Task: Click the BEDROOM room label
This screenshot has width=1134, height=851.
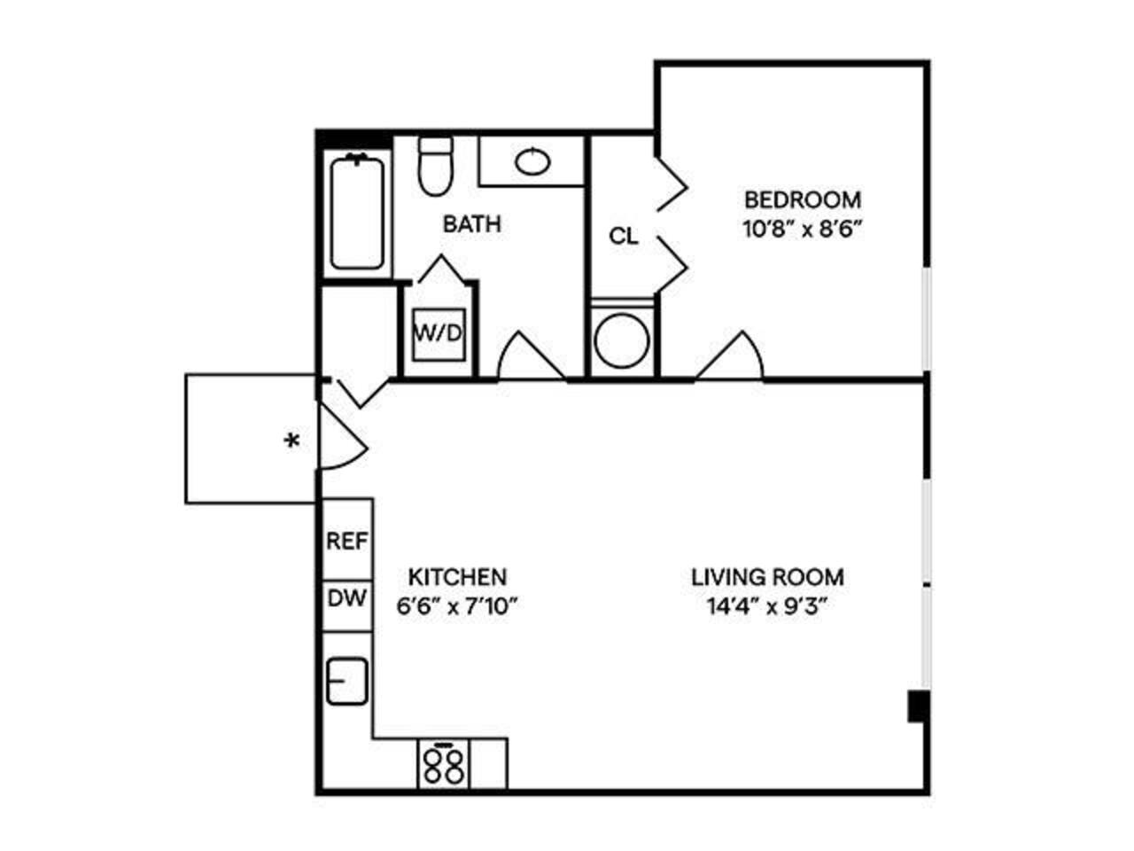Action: click(x=802, y=199)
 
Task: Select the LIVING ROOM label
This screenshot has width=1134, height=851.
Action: click(x=767, y=577)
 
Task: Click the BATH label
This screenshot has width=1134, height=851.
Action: click(x=471, y=224)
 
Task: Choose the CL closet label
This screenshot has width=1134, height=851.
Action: click(x=624, y=236)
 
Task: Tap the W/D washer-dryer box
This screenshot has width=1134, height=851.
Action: click(x=439, y=334)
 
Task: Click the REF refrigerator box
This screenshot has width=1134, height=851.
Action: click(x=346, y=541)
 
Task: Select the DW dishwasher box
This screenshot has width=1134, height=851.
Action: click(x=346, y=598)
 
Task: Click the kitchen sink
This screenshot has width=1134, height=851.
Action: click(x=346, y=681)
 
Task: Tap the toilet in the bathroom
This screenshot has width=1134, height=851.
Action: click(x=436, y=168)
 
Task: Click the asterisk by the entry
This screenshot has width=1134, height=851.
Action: click(x=291, y=440)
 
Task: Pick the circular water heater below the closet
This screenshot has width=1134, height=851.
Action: click(x=621, y=341)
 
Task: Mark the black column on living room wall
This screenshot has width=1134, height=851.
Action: click(x=919, y=707)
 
